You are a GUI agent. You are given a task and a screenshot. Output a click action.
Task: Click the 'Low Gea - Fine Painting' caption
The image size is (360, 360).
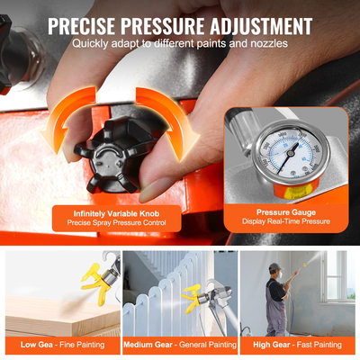click(60, 344)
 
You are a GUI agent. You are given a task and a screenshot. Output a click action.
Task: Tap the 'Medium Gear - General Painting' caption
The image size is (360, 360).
click(180, 344)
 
